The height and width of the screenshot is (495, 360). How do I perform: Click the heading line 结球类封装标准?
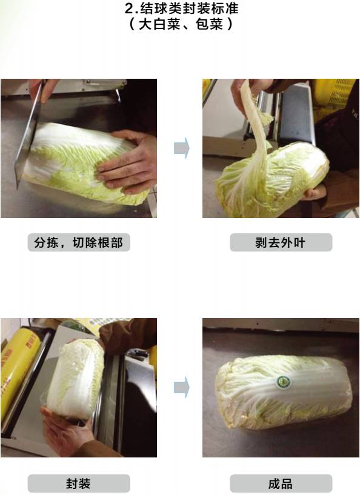tap(189, 8)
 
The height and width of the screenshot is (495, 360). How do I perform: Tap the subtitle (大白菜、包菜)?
tap(181, 24)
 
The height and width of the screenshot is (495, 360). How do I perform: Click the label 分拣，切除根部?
tap(79, 242)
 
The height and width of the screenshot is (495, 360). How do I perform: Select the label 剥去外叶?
tap(281, 242)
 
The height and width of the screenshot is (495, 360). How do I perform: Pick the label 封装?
tap(78, 483)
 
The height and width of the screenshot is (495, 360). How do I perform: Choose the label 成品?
tap(281, 483)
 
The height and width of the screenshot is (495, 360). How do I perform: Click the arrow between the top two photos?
tap(182, 148)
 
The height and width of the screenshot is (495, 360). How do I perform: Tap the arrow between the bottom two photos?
tap(182, 387)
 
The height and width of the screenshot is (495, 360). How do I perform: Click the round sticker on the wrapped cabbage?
tap(283, 382)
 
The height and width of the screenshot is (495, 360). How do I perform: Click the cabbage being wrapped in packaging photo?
tap(75, 380)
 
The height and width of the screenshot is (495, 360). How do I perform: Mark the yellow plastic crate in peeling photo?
tap(332, 98)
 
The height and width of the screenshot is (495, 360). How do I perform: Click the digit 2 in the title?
tap(128, 8)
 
